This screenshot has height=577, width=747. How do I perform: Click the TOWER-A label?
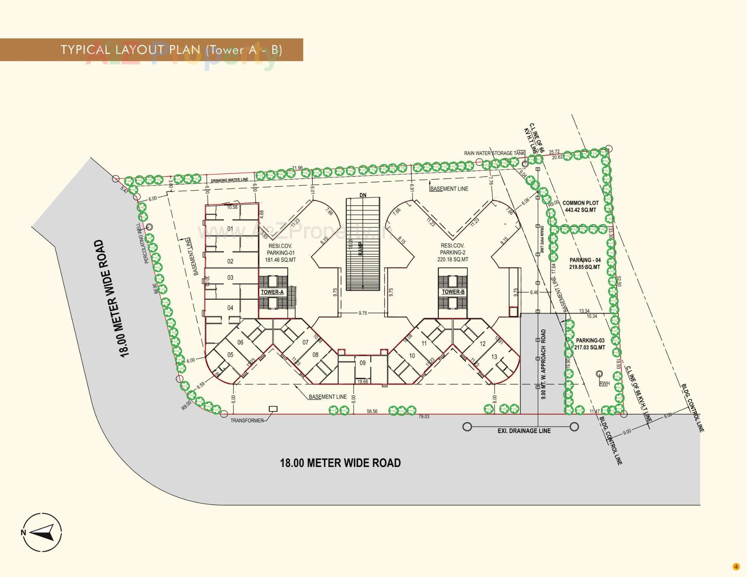point(272,292)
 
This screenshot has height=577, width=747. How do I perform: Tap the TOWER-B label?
point(453,292)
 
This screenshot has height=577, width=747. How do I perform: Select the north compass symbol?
point(42,532)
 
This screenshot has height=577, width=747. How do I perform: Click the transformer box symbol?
point(273,409)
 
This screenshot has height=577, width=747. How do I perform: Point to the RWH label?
point(604,384)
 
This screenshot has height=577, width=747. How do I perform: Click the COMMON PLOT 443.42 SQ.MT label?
point(580,206)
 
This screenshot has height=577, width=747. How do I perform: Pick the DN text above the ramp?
point(363,195)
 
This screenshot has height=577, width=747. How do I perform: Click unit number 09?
point(362,363)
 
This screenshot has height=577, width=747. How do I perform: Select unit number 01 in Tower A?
point(230,229)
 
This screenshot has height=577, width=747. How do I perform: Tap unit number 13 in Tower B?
point(494,357)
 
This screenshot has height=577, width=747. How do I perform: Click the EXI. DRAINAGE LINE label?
point(524,431)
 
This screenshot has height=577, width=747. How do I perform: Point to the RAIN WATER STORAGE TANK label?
point(494,153)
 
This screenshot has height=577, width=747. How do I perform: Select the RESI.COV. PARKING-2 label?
point(452,253)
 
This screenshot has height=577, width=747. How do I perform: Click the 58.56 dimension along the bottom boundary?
point(372,411)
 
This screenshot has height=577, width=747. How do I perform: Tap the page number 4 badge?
point(736,566)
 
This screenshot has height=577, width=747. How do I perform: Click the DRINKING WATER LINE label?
point(229,180)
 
